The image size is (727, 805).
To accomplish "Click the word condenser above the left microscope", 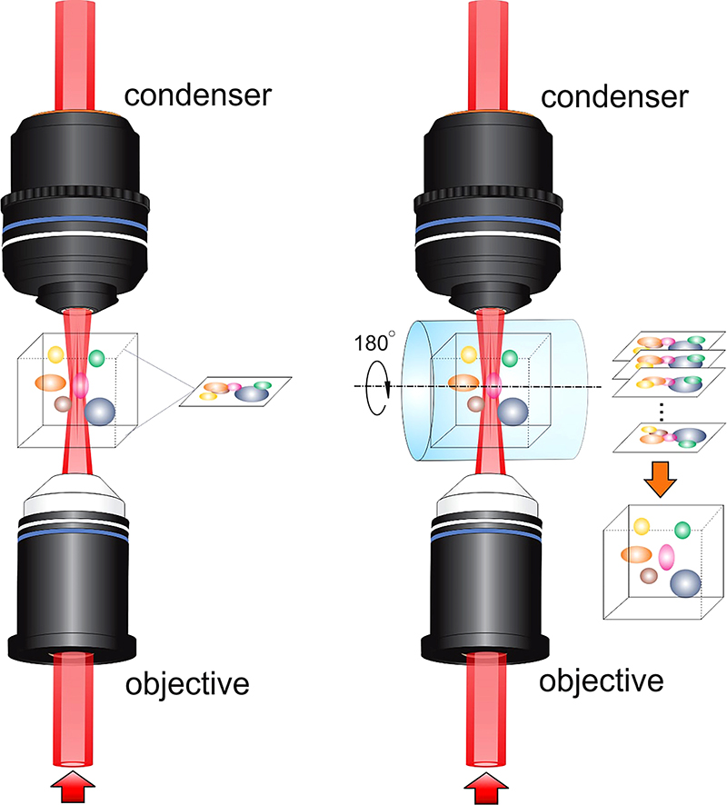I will pos(197,94).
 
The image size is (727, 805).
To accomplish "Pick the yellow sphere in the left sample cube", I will pos(55,353).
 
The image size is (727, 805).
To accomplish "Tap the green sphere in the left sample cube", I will pos(97,357).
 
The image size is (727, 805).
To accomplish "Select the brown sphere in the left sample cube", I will pos(63,402).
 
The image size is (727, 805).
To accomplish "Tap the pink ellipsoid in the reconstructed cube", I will pos(668,556).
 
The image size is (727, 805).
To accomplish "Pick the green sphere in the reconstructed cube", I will pos(682,530).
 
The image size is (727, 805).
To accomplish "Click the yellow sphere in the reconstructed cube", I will pos(642,525).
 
